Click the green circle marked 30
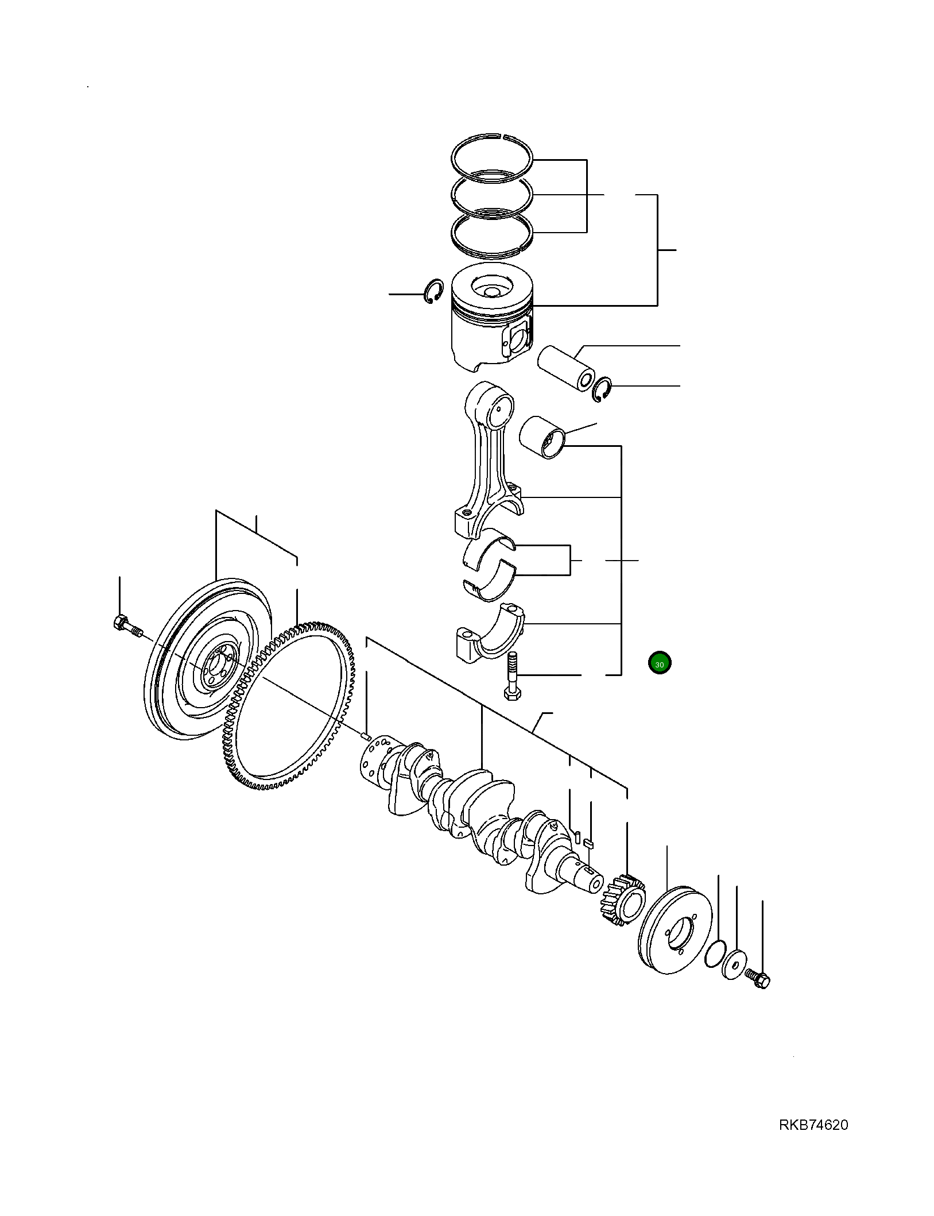(x=659, y=663)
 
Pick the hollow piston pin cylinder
(x=565, y=368)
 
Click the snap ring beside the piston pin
(x=602, y=390)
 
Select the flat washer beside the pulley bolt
(x=734, y=964)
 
